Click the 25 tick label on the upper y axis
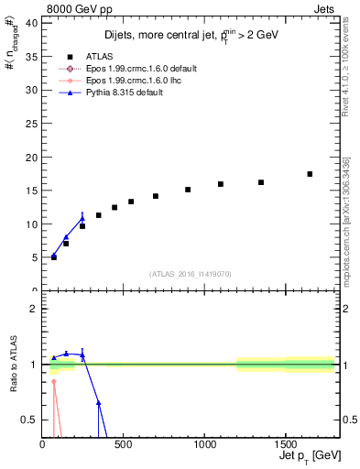coord(31,124)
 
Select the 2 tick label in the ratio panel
coord(34,309)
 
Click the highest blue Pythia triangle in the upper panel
coord(82,219)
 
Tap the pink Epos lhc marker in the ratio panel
coord(53,381)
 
